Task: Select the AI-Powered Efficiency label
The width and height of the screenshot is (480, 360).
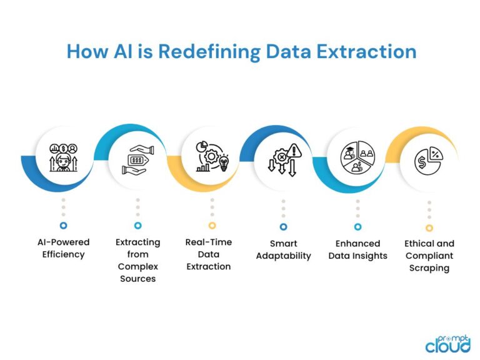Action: coord(62,248)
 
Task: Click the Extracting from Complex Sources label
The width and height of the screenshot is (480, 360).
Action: coord(137,260)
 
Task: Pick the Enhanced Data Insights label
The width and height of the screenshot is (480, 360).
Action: coord(357,249)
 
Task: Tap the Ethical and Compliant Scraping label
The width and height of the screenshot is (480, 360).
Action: coord(429,255)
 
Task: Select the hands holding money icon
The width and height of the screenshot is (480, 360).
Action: coord(137,159)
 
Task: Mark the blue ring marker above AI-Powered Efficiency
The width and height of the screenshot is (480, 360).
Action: coord(63,225)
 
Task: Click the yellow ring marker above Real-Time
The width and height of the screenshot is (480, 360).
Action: coord(212,225)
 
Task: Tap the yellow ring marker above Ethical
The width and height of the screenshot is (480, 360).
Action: coord(429,227)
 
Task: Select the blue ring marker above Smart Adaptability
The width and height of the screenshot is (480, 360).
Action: coord(283,226)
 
